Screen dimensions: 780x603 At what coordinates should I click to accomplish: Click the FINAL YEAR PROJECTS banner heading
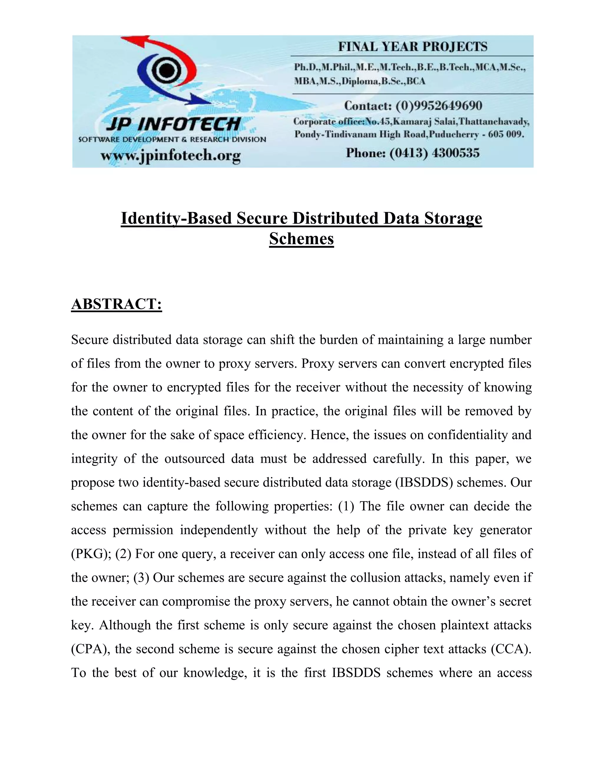point(413,47)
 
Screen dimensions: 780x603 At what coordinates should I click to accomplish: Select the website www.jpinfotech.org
point(170,156)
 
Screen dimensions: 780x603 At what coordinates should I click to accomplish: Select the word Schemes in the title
point(301,239)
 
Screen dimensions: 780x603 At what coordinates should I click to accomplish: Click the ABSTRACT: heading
point(117,304)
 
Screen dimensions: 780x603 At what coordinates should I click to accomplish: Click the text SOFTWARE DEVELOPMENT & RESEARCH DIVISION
point(172,139)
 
